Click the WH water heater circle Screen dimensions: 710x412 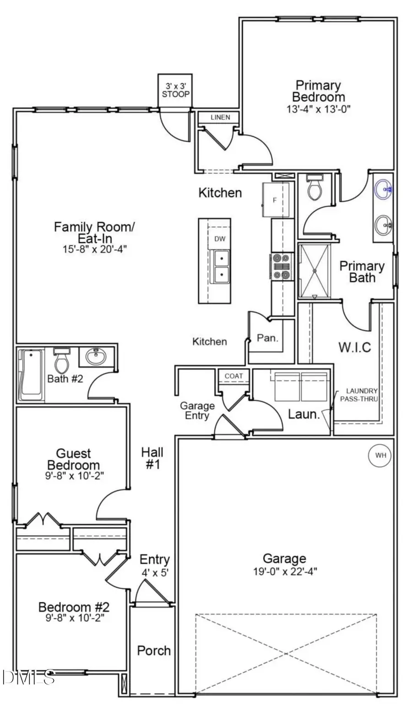[x=380, y=455]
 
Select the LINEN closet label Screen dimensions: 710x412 [x=220, y=117]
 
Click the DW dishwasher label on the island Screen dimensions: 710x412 [x=220, y=239]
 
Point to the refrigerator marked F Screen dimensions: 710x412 [x=276, y=200]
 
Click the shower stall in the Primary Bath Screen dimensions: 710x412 [x=314, y=271]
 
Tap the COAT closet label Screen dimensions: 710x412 [x=233, y=376]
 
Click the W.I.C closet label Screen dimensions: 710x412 [x=355, y=347]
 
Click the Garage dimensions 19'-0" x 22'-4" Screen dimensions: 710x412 [x=284, y=572]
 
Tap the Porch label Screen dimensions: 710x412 [x=154, y=650]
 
